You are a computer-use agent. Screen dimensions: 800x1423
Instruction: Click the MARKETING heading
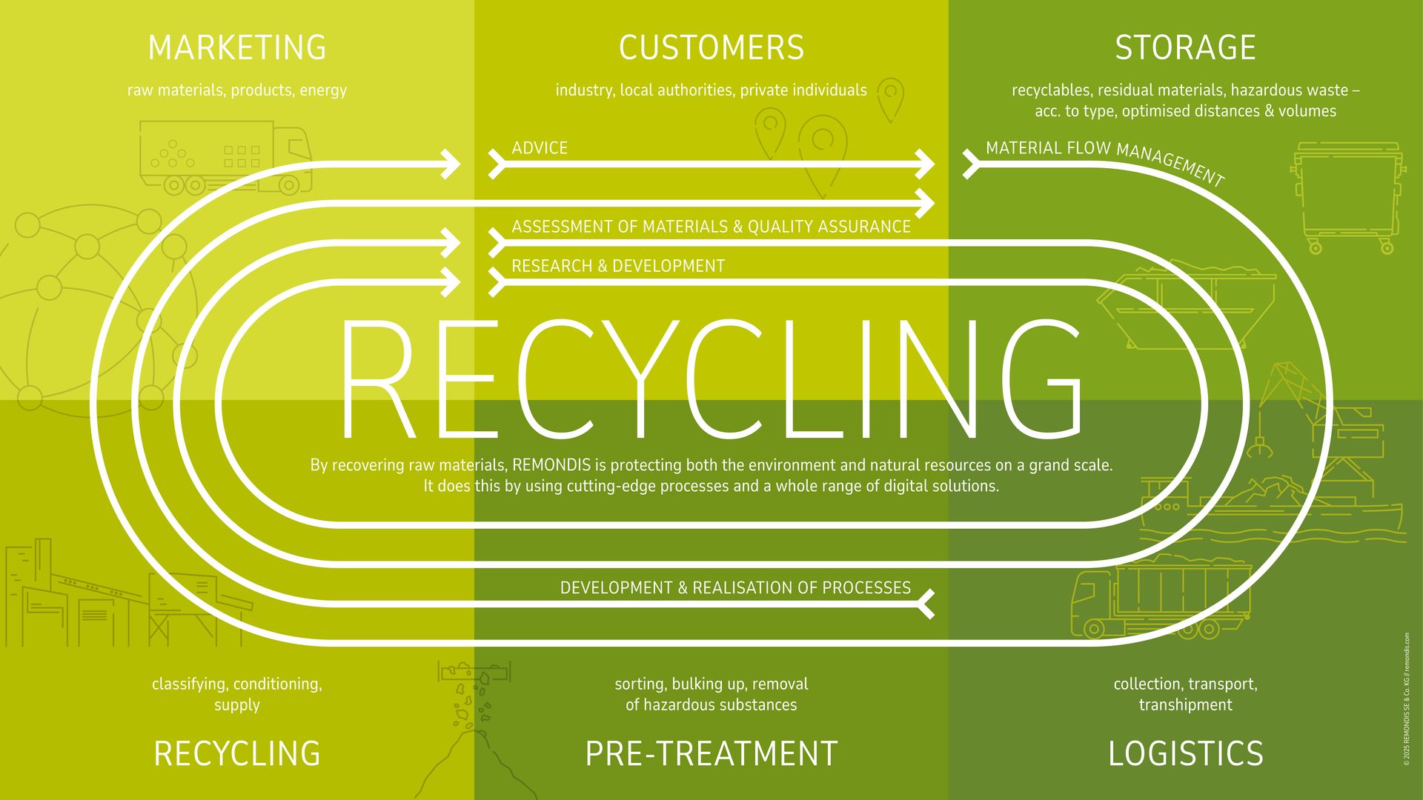click(x=237, y=48)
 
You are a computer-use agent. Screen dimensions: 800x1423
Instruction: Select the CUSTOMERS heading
click(x=711, y=48)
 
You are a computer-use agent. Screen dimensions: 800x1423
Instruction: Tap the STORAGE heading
click(x=1185, y=48)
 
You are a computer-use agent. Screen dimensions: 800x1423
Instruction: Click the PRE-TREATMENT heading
click(x=711, y=754)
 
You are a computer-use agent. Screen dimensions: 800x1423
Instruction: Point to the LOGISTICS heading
click(x=1185, y=754)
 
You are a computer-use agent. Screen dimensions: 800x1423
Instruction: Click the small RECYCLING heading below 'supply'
click(x=237, y=754)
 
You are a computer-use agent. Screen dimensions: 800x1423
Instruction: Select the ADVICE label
click(x=540, y=148)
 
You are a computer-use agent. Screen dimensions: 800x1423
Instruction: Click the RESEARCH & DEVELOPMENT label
click(x=618, y=266)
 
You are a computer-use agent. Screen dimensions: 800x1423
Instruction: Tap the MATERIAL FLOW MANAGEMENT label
click(x=1104, y=159)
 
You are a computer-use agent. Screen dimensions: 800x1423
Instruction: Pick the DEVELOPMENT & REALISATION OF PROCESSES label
click(x=735, y=588)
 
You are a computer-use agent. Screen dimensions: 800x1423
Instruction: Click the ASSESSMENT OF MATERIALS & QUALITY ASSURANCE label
click(x=711, y=227)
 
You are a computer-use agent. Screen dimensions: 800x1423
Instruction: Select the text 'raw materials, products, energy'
click(x=237, y=90)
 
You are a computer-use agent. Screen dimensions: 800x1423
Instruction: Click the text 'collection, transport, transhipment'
click(x=1185, y=694)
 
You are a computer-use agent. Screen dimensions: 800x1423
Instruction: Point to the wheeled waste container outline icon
click(x=1347, y=196)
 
